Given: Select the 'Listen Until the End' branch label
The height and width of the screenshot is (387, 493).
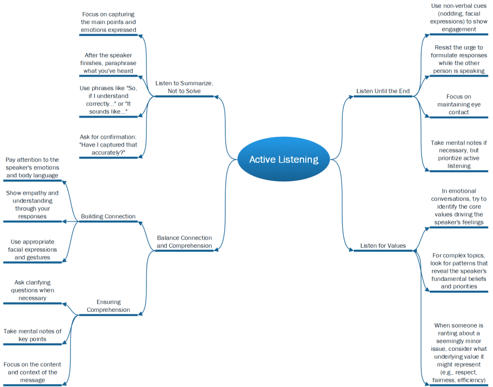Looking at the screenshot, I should coord(383,91).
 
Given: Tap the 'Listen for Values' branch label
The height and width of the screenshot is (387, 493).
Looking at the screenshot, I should coord(383,246).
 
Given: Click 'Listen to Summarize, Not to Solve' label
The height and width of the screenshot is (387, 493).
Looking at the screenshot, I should coord(184,87).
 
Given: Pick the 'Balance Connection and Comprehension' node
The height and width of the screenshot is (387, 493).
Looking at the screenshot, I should coord(184,241).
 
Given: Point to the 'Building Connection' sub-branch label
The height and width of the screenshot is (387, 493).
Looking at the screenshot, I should coord(108,216).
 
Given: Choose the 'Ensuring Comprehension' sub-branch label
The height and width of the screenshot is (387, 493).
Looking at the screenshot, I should coord(108,306).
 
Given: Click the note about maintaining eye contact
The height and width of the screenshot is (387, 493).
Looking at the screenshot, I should coord(458,104).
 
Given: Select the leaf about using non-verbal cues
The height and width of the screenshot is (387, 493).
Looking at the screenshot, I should coord(458,17).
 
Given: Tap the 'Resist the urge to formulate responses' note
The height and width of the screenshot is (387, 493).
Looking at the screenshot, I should coord(458,59).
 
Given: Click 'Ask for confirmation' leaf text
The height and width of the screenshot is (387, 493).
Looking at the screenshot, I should coord(108,145).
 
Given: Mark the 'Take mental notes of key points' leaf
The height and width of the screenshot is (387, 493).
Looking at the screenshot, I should coord(32,335).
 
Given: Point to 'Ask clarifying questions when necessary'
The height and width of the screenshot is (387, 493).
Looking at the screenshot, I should coord(32,290).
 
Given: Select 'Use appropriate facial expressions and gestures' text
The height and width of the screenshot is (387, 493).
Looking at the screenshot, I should coord(32,249).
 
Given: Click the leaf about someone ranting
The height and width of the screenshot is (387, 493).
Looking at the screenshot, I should coord(458,353).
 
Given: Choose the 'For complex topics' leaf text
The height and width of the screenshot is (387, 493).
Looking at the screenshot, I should coord(458,271).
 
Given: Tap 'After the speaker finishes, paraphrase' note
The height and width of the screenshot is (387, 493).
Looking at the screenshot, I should coord(108,63).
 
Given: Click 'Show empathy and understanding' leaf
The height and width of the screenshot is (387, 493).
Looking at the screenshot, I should coord(32,205).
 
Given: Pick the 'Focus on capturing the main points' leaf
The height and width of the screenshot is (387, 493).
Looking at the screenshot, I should coord(108,22).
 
